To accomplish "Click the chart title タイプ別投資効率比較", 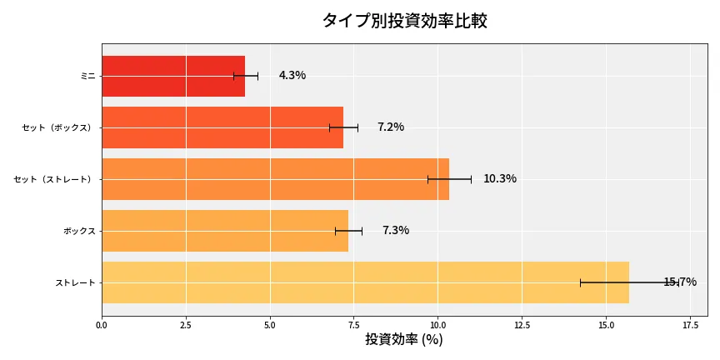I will tap(404, 21).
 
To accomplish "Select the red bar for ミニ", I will tap(173, 76).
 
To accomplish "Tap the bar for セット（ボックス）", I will tap(222, 127).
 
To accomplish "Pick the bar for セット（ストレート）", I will tap(275, 179).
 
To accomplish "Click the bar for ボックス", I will tap(225, 231).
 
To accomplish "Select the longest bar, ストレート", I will tap(365, 282).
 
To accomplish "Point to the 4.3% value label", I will tap(292, 76).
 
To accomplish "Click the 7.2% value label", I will tap(391, 127).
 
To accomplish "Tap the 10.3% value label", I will tap(500, 179).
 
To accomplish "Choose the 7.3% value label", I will tap(396, 231).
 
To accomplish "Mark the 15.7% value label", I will tap(680, 282).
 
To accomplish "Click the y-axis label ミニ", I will tap(87, 76).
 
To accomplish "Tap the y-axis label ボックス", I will tap(79, 231).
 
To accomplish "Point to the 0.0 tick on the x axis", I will tap(102, 326).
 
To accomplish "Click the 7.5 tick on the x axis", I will tap(353, 326).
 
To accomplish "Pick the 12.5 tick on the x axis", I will tap(522, 326).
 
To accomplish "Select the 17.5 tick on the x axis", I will tap(689, 326).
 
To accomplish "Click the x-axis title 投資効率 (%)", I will tap(404, 340).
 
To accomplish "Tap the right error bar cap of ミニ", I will tap(257, 76).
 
